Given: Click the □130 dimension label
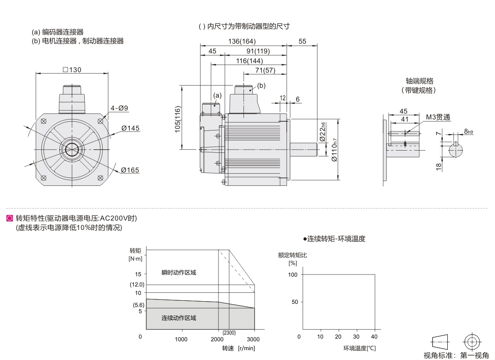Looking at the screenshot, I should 72,70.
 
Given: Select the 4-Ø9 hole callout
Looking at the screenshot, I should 120,108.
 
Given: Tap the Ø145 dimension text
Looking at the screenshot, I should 130,128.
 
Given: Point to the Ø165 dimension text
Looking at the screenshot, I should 130,170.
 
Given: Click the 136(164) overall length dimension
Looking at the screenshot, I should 242,41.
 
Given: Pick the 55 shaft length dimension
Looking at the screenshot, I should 302,41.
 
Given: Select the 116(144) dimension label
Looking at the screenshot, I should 250,61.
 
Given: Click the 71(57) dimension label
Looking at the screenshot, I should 265,71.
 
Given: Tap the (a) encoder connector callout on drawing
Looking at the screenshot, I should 217,95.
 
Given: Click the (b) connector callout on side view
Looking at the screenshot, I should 261,85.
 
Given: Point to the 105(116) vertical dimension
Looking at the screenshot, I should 177,119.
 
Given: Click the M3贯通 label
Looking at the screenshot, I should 438,117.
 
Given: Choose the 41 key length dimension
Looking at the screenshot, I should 404,119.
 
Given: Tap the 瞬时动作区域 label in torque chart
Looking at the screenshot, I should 179,273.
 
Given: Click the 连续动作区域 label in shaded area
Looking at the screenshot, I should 179,318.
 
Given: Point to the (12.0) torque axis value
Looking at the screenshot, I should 137,284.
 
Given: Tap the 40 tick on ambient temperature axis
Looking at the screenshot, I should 374,336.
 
